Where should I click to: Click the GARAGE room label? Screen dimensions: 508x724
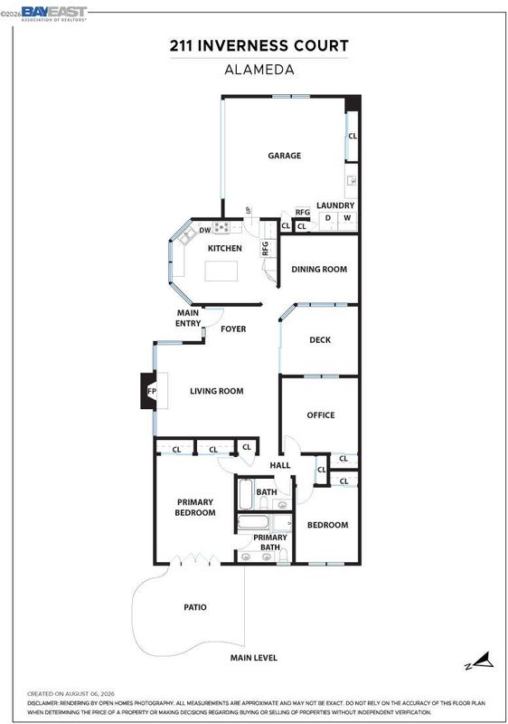285,156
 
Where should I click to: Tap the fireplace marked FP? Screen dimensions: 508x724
148,391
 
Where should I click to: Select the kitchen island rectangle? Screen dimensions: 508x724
221,271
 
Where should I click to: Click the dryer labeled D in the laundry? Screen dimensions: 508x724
328,220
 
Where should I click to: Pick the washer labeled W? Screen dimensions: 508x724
348,220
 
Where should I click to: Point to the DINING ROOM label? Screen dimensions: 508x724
319,269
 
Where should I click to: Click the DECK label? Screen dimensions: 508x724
320,340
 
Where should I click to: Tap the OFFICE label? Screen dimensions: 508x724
321,415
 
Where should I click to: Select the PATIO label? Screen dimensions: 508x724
195,607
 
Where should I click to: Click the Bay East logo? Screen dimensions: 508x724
54,14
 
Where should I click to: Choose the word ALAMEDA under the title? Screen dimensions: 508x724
259,70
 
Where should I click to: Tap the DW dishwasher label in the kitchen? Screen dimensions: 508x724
205,230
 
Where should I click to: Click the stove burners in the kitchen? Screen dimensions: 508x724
221,227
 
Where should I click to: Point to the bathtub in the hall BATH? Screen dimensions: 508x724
245,494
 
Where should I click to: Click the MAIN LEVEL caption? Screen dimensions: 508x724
253,658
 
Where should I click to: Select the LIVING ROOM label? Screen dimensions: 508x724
217,391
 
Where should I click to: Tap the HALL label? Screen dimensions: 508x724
280,465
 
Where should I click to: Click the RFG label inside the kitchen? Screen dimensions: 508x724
265,248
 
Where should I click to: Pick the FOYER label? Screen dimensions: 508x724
233,329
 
